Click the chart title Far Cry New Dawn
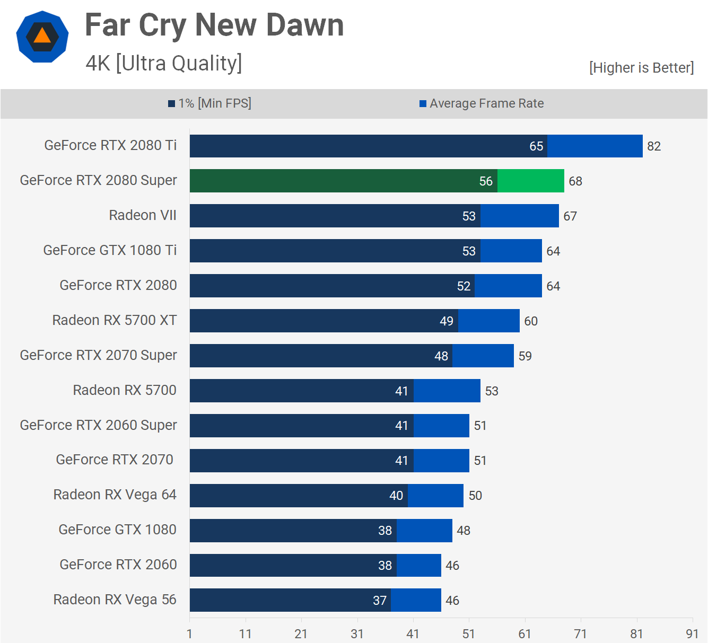tap(214, 25)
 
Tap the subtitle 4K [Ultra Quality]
tap(164, 64)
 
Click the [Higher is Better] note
tap(641, 68)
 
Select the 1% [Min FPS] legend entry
tap(210, 103)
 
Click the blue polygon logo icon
tap(42, 37)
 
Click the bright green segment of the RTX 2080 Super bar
tap(530, 181)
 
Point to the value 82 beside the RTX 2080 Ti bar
tap(654, 146)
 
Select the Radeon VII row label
tap(143, 215)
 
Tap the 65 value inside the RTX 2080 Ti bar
tap(536, 146)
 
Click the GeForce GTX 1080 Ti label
tap(110, 250)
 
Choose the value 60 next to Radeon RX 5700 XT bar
tap(531, 321)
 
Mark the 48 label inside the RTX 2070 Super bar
tap(441, 356)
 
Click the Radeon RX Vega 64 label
tap(115, 495)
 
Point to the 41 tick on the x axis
tap(413, 633)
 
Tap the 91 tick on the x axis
tap(692, 633)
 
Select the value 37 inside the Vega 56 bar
tap(380, 601)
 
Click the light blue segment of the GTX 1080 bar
tap(424, 530)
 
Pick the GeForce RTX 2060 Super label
tap(98, 425)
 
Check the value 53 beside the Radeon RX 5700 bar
tap(492, 391)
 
